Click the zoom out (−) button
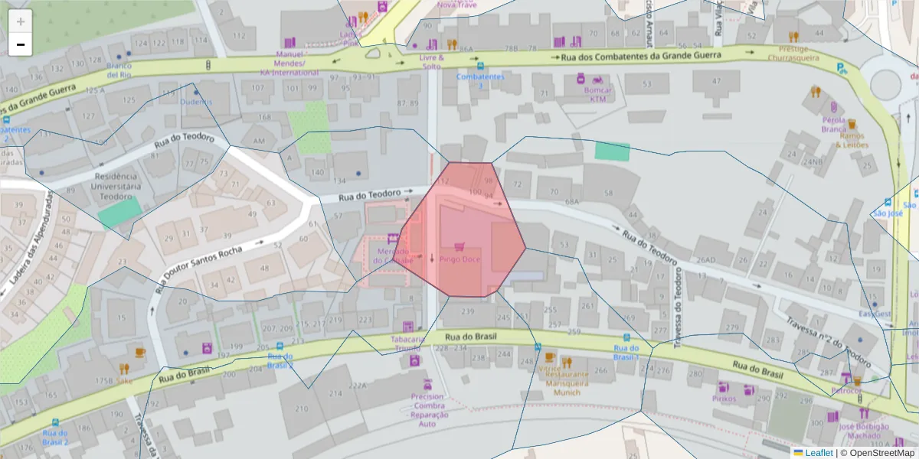click(21, 45)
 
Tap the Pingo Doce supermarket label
click(459, 259)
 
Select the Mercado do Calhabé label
click(393, 256)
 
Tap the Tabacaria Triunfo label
click(407, 343)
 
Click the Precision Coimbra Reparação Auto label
click(427, 410)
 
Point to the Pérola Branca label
click(832, 125)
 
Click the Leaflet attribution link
click(818, 453)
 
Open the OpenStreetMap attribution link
click(883, 453)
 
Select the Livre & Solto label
click(431, 61)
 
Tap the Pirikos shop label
click(724, 399)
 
